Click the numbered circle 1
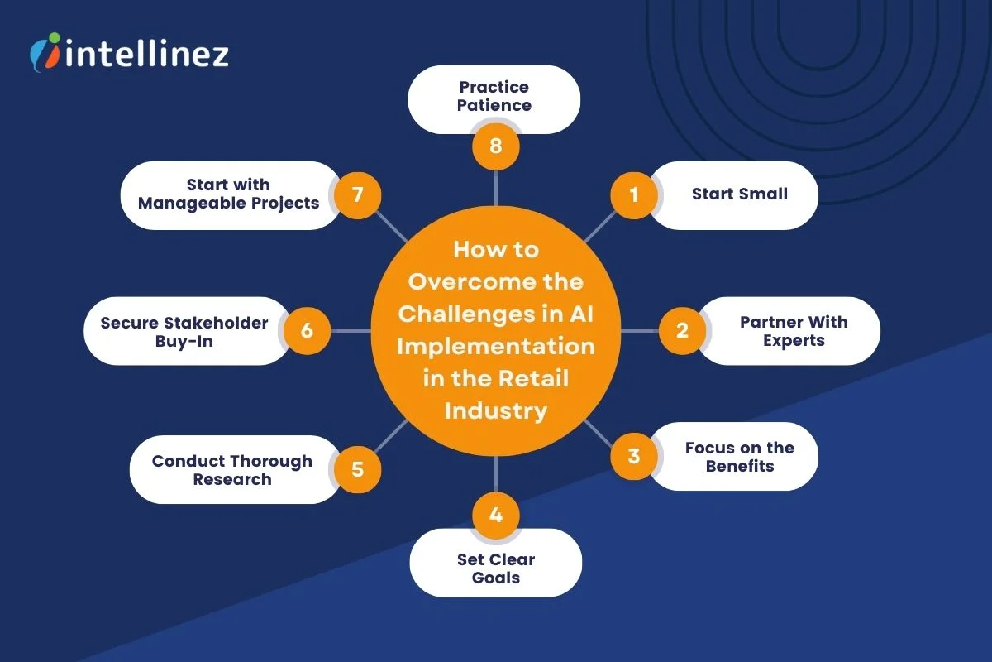pyautogui.click(x=634, y=195)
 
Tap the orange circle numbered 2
pyautogui.click(x=682, y=331)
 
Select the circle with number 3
pyautogui.click(x=634, y=456)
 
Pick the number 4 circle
pyautogui.click(x=495, y=516)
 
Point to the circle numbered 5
pyautogui.click(x=357, y=469)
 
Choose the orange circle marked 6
pyautogui.click(x=307, y=331)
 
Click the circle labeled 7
pyautogui.click(x=357, y=195)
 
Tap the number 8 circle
pyautogui.click(x=495, y=147)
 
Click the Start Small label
pyautogui.click(x=739, y=194)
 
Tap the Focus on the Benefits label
pyautogui.click(x=739, y=457)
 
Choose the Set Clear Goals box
pyautogui.click(x=496, y=568)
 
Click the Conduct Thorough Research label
pyautogui.click(x=231, y=470)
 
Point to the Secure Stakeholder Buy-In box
pyautogui.click(x=184, y=331)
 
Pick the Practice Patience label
pyautogui.click(x=494, y=96)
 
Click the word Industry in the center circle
pyautogui.click(x=495, y=410)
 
